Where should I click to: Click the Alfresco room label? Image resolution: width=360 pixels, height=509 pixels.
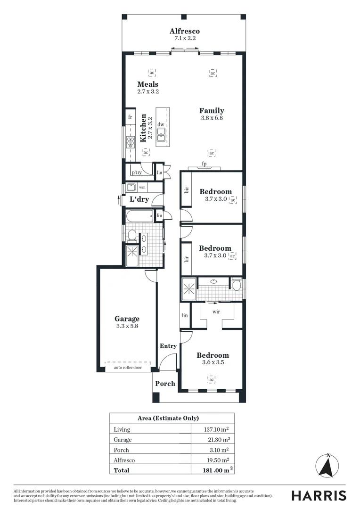point(185,31)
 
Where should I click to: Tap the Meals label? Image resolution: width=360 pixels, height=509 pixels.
point(148,84)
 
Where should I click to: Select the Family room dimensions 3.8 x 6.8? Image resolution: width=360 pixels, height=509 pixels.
point(211,118)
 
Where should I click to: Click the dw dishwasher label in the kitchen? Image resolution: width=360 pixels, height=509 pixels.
point(161,124)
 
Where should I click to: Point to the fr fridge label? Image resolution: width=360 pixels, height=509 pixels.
point(130,116)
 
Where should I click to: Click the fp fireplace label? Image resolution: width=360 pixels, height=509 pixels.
point(204,164)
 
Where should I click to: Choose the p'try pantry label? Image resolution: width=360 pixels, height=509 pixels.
point(137,172)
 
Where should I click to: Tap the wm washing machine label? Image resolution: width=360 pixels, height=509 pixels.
point(142,188)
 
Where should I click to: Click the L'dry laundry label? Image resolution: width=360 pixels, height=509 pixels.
point(139,199)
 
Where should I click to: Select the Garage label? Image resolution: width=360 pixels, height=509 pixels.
point(127,319)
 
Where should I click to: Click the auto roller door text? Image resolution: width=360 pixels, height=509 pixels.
point(127,367)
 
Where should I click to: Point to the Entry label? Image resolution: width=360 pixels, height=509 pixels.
point(168,346)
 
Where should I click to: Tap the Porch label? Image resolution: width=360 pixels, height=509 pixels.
point(165,384)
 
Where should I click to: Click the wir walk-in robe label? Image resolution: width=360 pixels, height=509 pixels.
point(216,312)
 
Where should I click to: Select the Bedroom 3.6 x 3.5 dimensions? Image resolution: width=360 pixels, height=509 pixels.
point(213,363)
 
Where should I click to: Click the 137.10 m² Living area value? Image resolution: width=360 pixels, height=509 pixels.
point(217,429)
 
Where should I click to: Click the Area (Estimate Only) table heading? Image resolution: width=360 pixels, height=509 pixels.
point(168,418)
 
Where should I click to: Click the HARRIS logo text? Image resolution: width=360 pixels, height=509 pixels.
point(319,495)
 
